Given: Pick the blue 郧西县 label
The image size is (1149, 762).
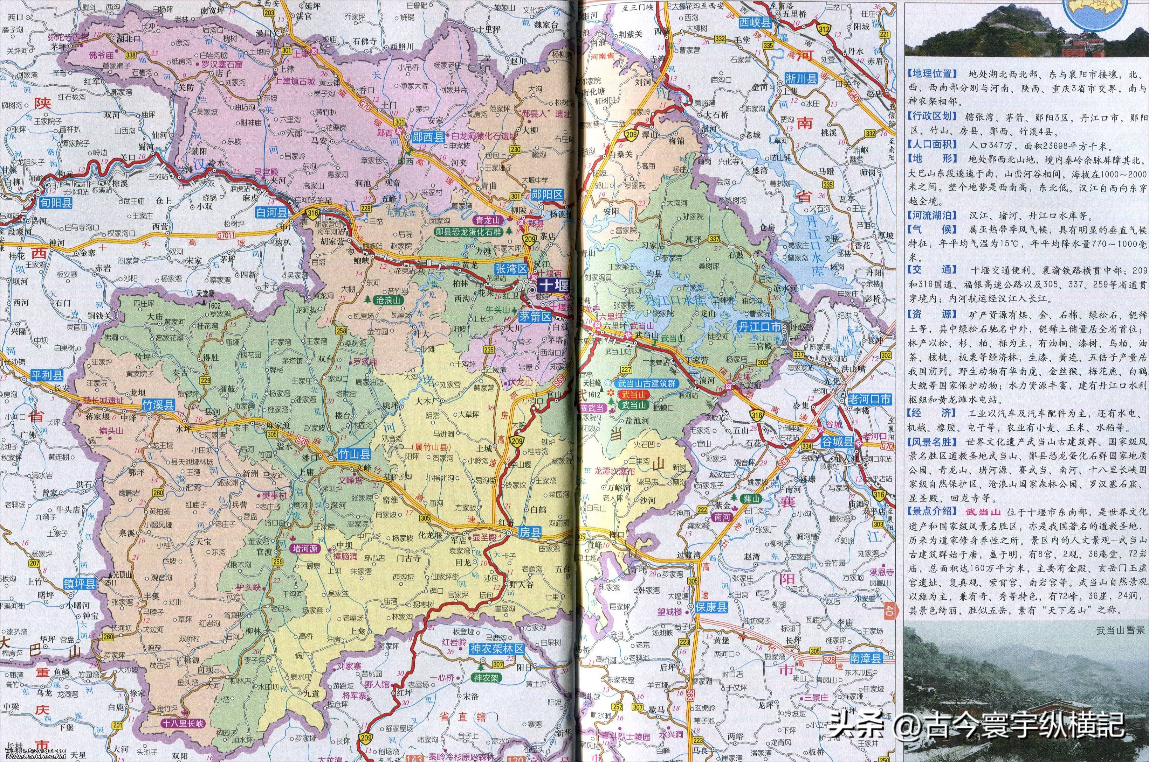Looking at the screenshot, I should (428, 137).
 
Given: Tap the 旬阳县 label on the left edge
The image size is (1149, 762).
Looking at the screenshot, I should (56, 203).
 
